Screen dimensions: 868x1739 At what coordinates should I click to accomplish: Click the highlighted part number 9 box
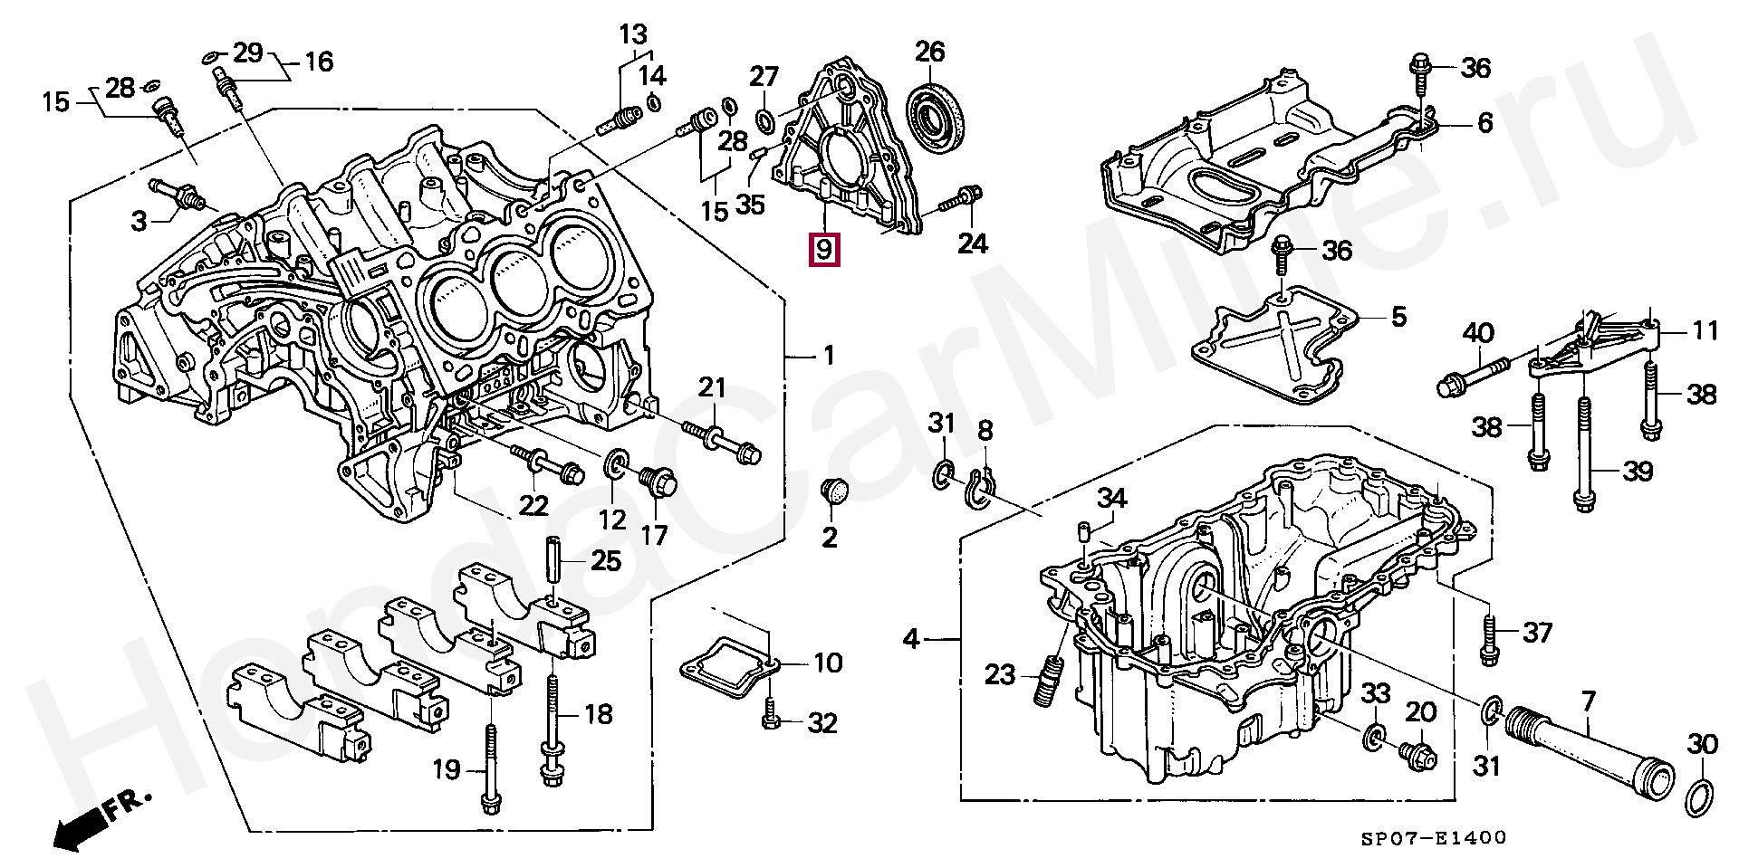(823, 249)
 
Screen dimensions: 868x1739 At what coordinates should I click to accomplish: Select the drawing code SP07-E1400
(1434, 838)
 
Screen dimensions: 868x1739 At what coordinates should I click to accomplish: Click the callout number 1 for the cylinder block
(828, 357)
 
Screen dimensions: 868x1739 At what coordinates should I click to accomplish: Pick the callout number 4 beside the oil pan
(911, 640)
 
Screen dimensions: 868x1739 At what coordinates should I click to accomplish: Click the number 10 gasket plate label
(828, 663)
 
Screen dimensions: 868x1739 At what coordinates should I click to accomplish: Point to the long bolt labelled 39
(1582, 453)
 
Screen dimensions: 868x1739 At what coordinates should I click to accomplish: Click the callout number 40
(1478, 334)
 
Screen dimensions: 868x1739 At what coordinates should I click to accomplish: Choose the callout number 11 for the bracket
(1705, 331)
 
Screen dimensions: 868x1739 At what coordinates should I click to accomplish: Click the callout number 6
(1484, 123)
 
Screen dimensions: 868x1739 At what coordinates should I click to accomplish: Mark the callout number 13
(633, 35)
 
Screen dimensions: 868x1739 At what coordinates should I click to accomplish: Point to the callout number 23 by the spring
(1000, 674)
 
